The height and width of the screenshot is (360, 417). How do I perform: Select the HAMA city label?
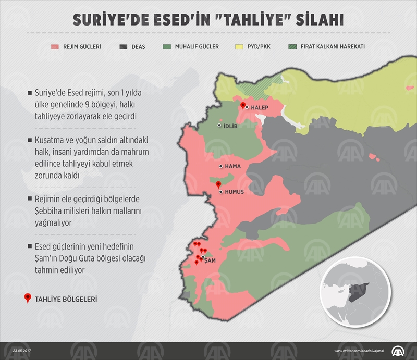(x=232, y=166)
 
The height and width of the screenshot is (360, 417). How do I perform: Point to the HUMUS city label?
(x=234, y=192)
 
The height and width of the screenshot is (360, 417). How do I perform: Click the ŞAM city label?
(x=211, y=259)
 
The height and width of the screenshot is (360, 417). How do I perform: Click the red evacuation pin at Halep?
(x=242, y=106)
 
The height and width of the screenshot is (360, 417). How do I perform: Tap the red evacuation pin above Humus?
(x=218, y=184)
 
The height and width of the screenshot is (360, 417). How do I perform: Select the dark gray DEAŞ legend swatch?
(x=123, y=46)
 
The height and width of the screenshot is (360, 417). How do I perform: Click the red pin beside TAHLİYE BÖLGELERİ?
(x=28, y=299)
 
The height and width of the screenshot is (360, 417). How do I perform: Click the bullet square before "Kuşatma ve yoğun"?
(x=29, y=141)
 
